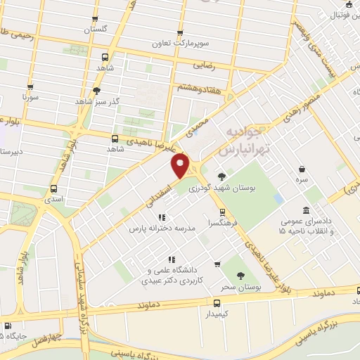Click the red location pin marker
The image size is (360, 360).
coord(181,166)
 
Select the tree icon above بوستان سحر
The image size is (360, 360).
coord(241,276)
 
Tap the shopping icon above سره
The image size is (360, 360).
coord(302,169)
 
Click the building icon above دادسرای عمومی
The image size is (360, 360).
coord(305,210)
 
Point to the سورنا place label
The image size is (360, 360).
coord(29,96)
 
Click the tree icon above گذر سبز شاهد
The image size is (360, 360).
coord(97,90)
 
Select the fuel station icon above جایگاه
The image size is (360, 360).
coord(7,326)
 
